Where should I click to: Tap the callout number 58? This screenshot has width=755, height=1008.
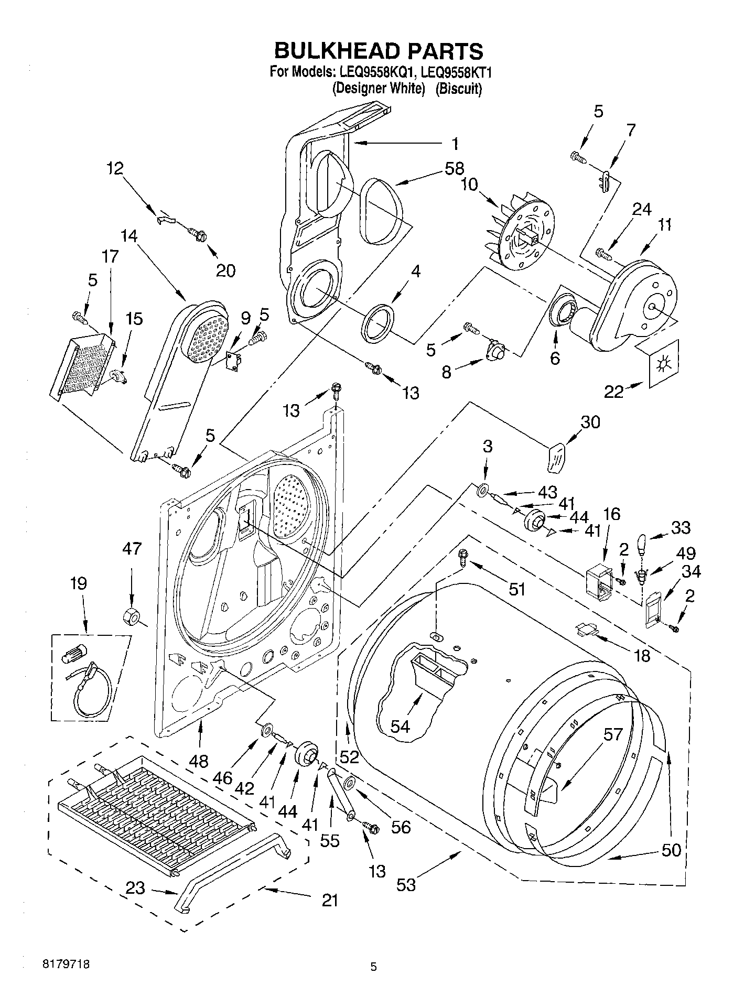pos(454,169)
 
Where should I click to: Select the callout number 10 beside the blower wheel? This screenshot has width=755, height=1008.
pos(470,185)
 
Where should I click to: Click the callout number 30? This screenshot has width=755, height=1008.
pos(590,422)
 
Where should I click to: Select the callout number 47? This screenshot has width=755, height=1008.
pos(132,549)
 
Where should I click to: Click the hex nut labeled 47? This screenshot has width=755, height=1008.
pos(129,617)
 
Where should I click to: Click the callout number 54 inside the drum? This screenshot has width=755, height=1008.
pos(401,726)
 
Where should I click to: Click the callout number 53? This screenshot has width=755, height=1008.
pos(406,885)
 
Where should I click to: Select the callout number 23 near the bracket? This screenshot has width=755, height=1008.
pos(136,888)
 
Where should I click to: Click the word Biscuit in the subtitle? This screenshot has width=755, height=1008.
pos(459,89)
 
